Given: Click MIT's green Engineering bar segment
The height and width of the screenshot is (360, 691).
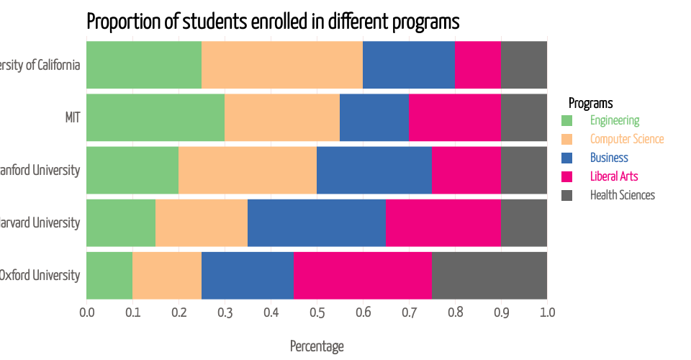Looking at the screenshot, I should (x=155, y=117).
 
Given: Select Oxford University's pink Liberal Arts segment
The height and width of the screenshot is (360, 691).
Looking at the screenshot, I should (x=363, y=275).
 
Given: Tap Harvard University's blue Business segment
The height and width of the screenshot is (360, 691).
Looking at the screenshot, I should (x=317, y=222).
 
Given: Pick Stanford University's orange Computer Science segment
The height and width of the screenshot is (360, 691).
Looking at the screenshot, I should (x=248, y=170).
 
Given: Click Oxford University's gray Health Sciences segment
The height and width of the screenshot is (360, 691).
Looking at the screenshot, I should (x=489, y=275).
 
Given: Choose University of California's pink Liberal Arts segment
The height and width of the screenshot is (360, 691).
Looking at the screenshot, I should (x=478, y=65).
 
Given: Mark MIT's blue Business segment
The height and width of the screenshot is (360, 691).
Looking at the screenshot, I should (x=374, y=117).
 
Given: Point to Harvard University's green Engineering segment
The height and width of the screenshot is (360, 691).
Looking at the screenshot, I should (x=121, y=222).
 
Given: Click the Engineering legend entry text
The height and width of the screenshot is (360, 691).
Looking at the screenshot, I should (x=615, y=120).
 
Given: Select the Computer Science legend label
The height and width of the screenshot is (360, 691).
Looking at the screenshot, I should (x=627, y=139).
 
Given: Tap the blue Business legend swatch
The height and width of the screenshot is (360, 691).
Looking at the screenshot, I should (x=566, y=158).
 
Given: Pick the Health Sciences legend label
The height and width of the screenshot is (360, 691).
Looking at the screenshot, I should (x=623, y=194).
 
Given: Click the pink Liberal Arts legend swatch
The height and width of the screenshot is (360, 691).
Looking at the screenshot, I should (x=566, y=176).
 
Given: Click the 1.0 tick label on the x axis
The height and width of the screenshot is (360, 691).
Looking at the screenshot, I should (x=547, y=312).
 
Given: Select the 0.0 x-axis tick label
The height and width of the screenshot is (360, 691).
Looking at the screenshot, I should (x=86, y=312).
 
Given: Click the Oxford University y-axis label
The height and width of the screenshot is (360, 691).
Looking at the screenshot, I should (x=40, y=275).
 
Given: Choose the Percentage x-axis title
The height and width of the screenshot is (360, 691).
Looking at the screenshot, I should (x=317, y=346).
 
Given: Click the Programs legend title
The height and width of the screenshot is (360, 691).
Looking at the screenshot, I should (x=590, y=103).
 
